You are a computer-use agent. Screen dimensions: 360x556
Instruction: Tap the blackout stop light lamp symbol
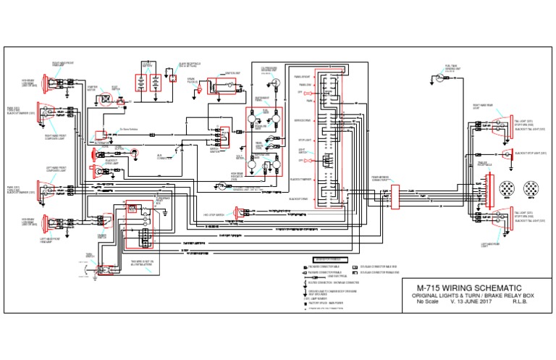coord(508,154)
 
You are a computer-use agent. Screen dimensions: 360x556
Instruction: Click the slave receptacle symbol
coord(173,79)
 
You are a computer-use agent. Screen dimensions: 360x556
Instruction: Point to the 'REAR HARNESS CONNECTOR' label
coord(382,177)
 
